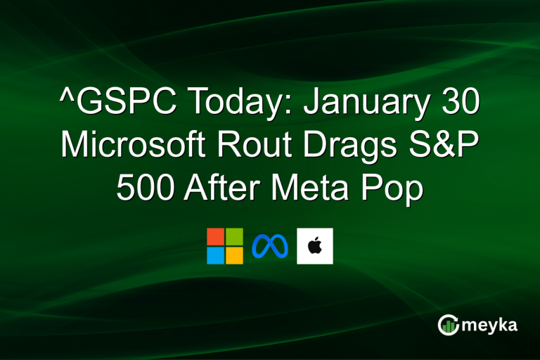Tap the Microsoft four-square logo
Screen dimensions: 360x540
[225, 246]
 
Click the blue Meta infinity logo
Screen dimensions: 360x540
[269, 246]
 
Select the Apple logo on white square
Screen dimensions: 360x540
[314, 246]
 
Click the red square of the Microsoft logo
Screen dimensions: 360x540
[216, 237]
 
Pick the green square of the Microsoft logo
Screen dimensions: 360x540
[234, 237]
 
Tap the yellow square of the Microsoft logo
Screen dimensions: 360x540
[234, 255]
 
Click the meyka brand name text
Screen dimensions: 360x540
[489, 325]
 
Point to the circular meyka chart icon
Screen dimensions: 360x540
[448, 325]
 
